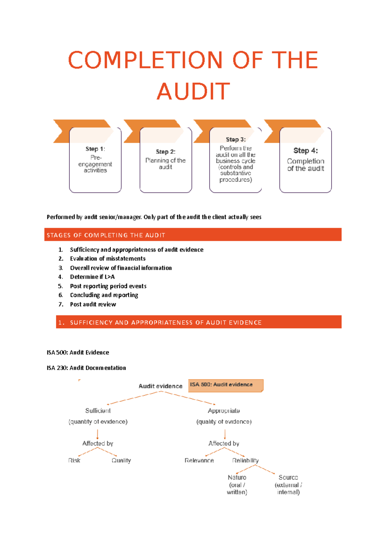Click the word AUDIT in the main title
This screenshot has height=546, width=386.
pos(193,91)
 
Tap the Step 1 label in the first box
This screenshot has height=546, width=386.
pos(95,149)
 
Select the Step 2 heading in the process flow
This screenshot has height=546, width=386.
pos(166,151)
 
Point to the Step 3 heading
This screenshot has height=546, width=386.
pos(235,139)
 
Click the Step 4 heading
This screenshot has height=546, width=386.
pos(306,150)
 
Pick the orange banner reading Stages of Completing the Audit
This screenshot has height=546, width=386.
pos(193,235)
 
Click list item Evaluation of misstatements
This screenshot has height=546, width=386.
pos(108,259)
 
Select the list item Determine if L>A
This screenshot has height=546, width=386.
pos(92,277)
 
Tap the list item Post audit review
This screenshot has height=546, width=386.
pos(93,304)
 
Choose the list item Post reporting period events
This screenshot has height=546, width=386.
pos(108,286)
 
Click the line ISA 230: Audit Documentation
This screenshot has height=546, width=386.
pos(86,368)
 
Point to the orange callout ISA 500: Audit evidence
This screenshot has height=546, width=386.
pos(225,385)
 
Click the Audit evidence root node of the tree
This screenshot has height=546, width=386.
pos(161,386)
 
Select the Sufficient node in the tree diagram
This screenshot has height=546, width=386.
pos(98,411)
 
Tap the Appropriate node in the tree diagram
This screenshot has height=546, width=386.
pos(224,411)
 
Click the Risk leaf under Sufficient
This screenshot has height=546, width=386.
pos(74,460)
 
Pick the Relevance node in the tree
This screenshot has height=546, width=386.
pos(199,460)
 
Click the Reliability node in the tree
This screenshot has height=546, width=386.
pos(245,460)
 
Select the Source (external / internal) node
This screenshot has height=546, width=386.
pos(288,485)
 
